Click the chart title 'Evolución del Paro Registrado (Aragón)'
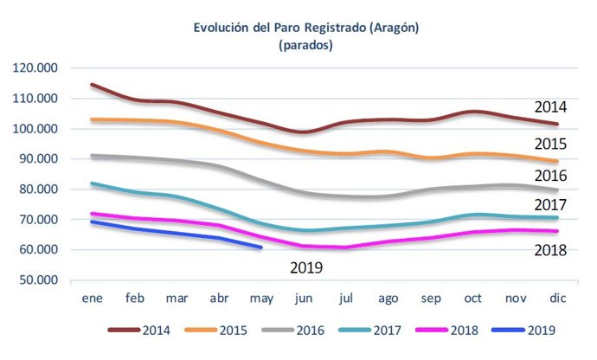click(306, 28)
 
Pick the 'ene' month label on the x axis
click(92, 298)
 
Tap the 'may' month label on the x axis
click(260, 298)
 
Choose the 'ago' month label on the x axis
click(388, 298)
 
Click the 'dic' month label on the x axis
click(557, 298)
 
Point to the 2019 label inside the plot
click(306, 268)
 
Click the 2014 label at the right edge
click(549, 108)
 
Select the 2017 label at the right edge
click(549, 205)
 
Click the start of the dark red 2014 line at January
click(92, 85)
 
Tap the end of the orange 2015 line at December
click(556, 162)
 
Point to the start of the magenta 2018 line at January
click(92, 213)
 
